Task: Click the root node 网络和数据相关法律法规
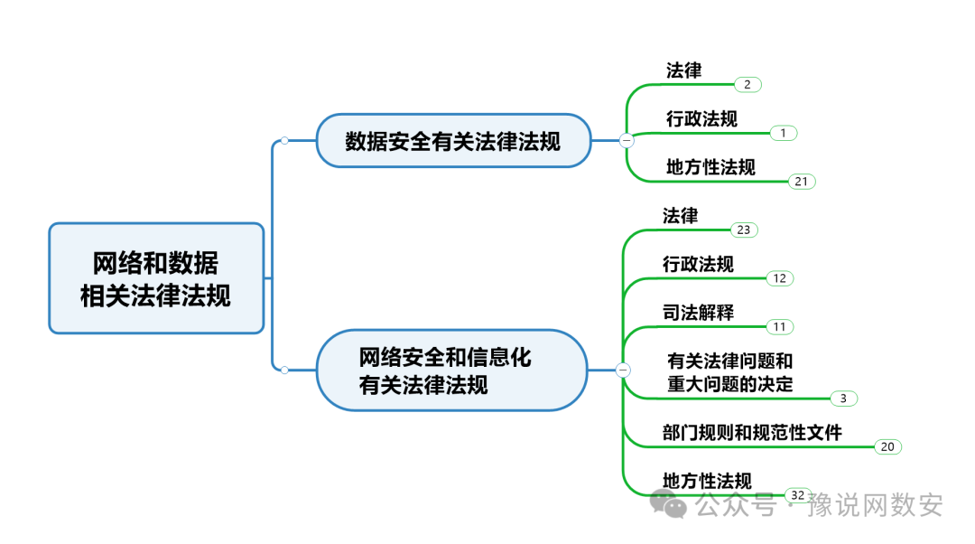(156, 278)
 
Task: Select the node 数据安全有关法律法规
(453, 141)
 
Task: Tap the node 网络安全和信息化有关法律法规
(451, 370)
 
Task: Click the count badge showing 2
(747, 84)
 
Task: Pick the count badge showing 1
(783, 133)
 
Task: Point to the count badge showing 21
(801, 182)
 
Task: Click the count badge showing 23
(743, 230)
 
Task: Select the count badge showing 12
(779, 278)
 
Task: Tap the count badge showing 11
(779, 326)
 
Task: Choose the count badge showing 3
(842, 399)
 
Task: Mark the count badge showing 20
(887, 446)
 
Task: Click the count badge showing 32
(797, 495)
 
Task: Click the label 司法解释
(698, 313)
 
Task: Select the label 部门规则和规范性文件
(752, 433)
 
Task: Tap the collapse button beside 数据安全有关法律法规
(627, 140)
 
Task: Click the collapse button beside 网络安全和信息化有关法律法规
(623, 370)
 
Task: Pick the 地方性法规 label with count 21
(710, 167)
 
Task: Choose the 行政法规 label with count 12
(698, 264)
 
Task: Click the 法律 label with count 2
(683, 70)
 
